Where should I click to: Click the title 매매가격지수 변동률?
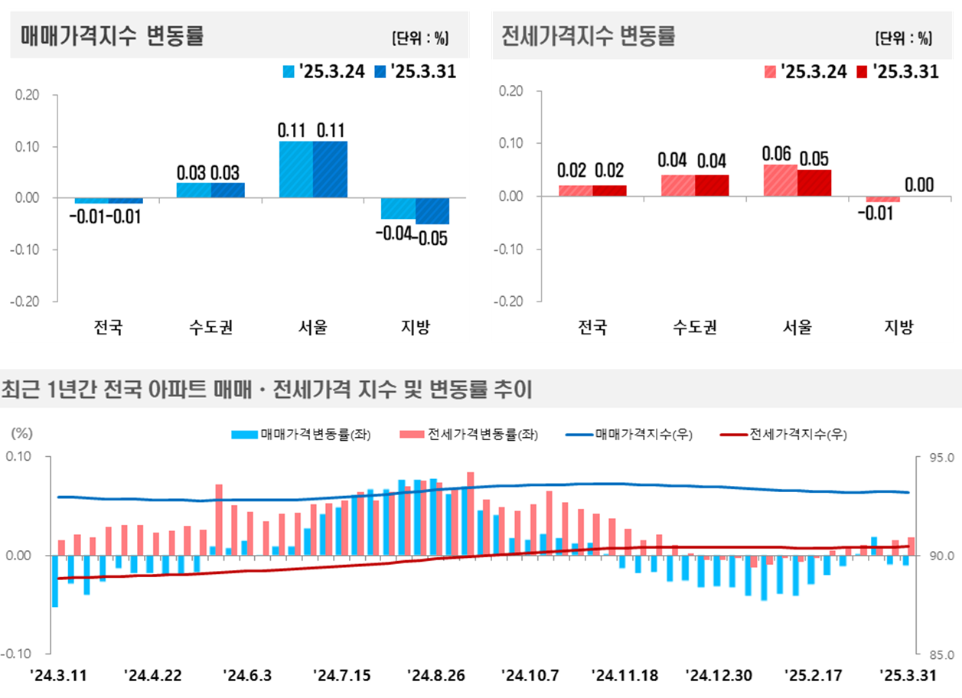pyautogui.click(x=113, y=35)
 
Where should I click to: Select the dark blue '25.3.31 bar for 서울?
pyautogui.click(x=330, y=169)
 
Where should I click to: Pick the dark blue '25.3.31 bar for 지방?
pyautogui.click(x=432, y=210)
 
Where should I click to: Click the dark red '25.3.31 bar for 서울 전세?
pyautogui.click(x=814, y=183)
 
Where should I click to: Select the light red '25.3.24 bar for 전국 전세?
pyautogui.click(x=575, y=191)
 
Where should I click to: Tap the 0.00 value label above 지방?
pyautogui.click(x=918, y=184)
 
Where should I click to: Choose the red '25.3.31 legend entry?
pyautogui.click(x=898, y=71)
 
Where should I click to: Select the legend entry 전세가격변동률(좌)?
pyautogui.click(x=468, y=435)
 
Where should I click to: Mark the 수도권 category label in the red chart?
pyautogui.click(x=694, y=328)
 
